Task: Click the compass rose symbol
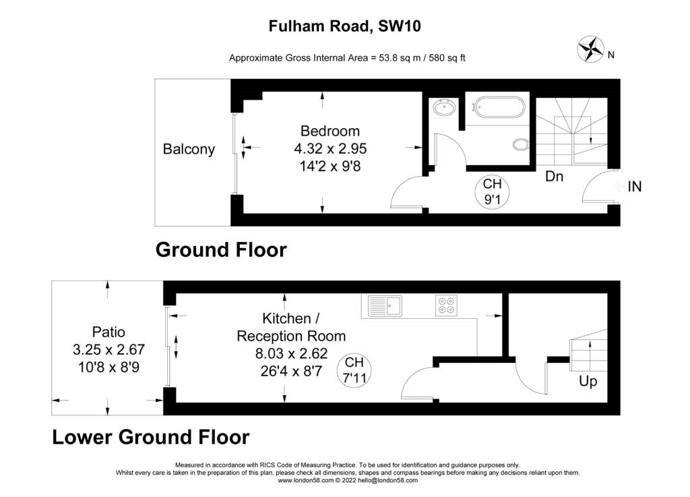click(590, 49)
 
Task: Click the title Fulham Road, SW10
click(344, 26)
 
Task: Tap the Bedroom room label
click(330, 131)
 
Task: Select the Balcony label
click(189, 149)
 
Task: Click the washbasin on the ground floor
click(444, 108)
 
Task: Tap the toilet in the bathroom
click(521, 144)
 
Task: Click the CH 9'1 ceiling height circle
click(492, 192)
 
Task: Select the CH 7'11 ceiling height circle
click(354, 371)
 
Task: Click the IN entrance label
click(635, 187)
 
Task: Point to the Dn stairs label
click(554, 177)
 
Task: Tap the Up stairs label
click(588, 381)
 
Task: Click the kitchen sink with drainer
click(385, 305)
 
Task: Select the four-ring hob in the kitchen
click(446, 305)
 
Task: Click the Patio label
click(108, 332)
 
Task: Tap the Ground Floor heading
click(221, 250)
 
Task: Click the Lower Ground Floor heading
click(151, 437)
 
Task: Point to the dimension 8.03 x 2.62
click(291, 353)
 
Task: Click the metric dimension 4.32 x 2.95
click(330, 149)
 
